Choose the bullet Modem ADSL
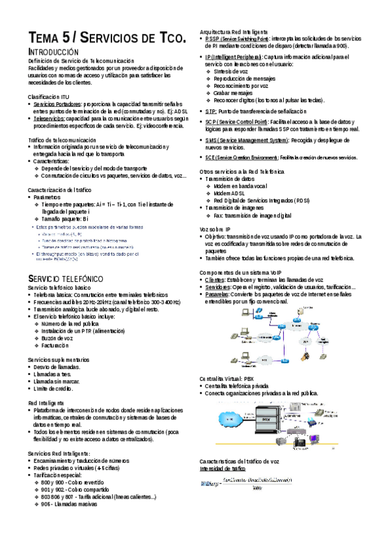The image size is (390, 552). tap(229, 193)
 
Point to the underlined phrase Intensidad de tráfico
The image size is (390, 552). tap(223, 468)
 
